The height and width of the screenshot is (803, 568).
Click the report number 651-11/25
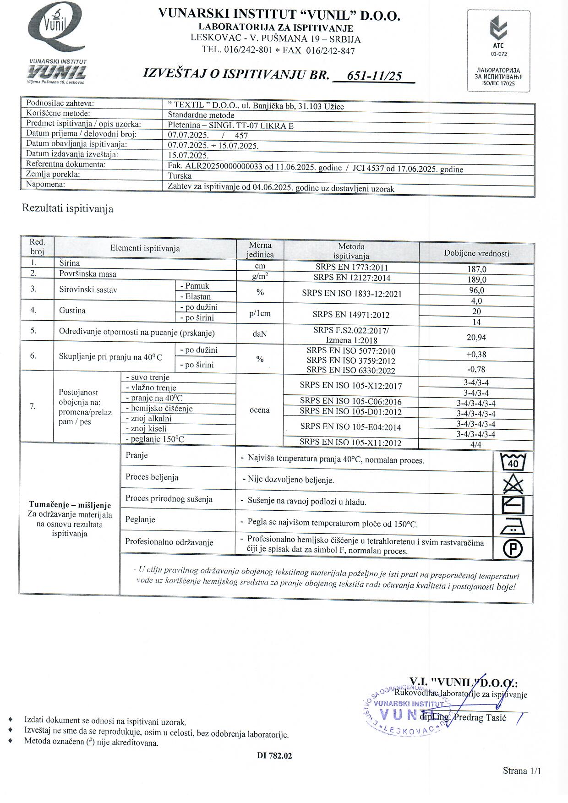375,76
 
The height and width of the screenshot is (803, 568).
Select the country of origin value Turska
180,176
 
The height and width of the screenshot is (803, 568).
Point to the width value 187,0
476,269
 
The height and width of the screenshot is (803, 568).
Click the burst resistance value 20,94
476,338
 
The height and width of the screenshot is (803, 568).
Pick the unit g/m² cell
260,276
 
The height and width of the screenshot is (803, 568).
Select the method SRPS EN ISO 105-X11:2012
350,442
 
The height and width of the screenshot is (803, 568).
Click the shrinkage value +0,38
476,354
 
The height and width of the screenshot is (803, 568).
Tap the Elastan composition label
198,296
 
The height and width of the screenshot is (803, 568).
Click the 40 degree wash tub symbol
513,462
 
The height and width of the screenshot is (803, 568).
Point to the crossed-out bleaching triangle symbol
513,484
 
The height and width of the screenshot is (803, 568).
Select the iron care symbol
513,527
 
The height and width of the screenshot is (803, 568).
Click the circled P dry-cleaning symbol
513,549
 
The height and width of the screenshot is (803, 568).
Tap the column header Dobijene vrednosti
476,253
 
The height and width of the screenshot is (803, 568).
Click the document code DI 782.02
274,756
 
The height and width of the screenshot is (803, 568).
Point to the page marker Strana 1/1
522,770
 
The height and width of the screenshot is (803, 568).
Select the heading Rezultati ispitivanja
68,209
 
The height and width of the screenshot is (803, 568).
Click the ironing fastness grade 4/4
476,444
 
